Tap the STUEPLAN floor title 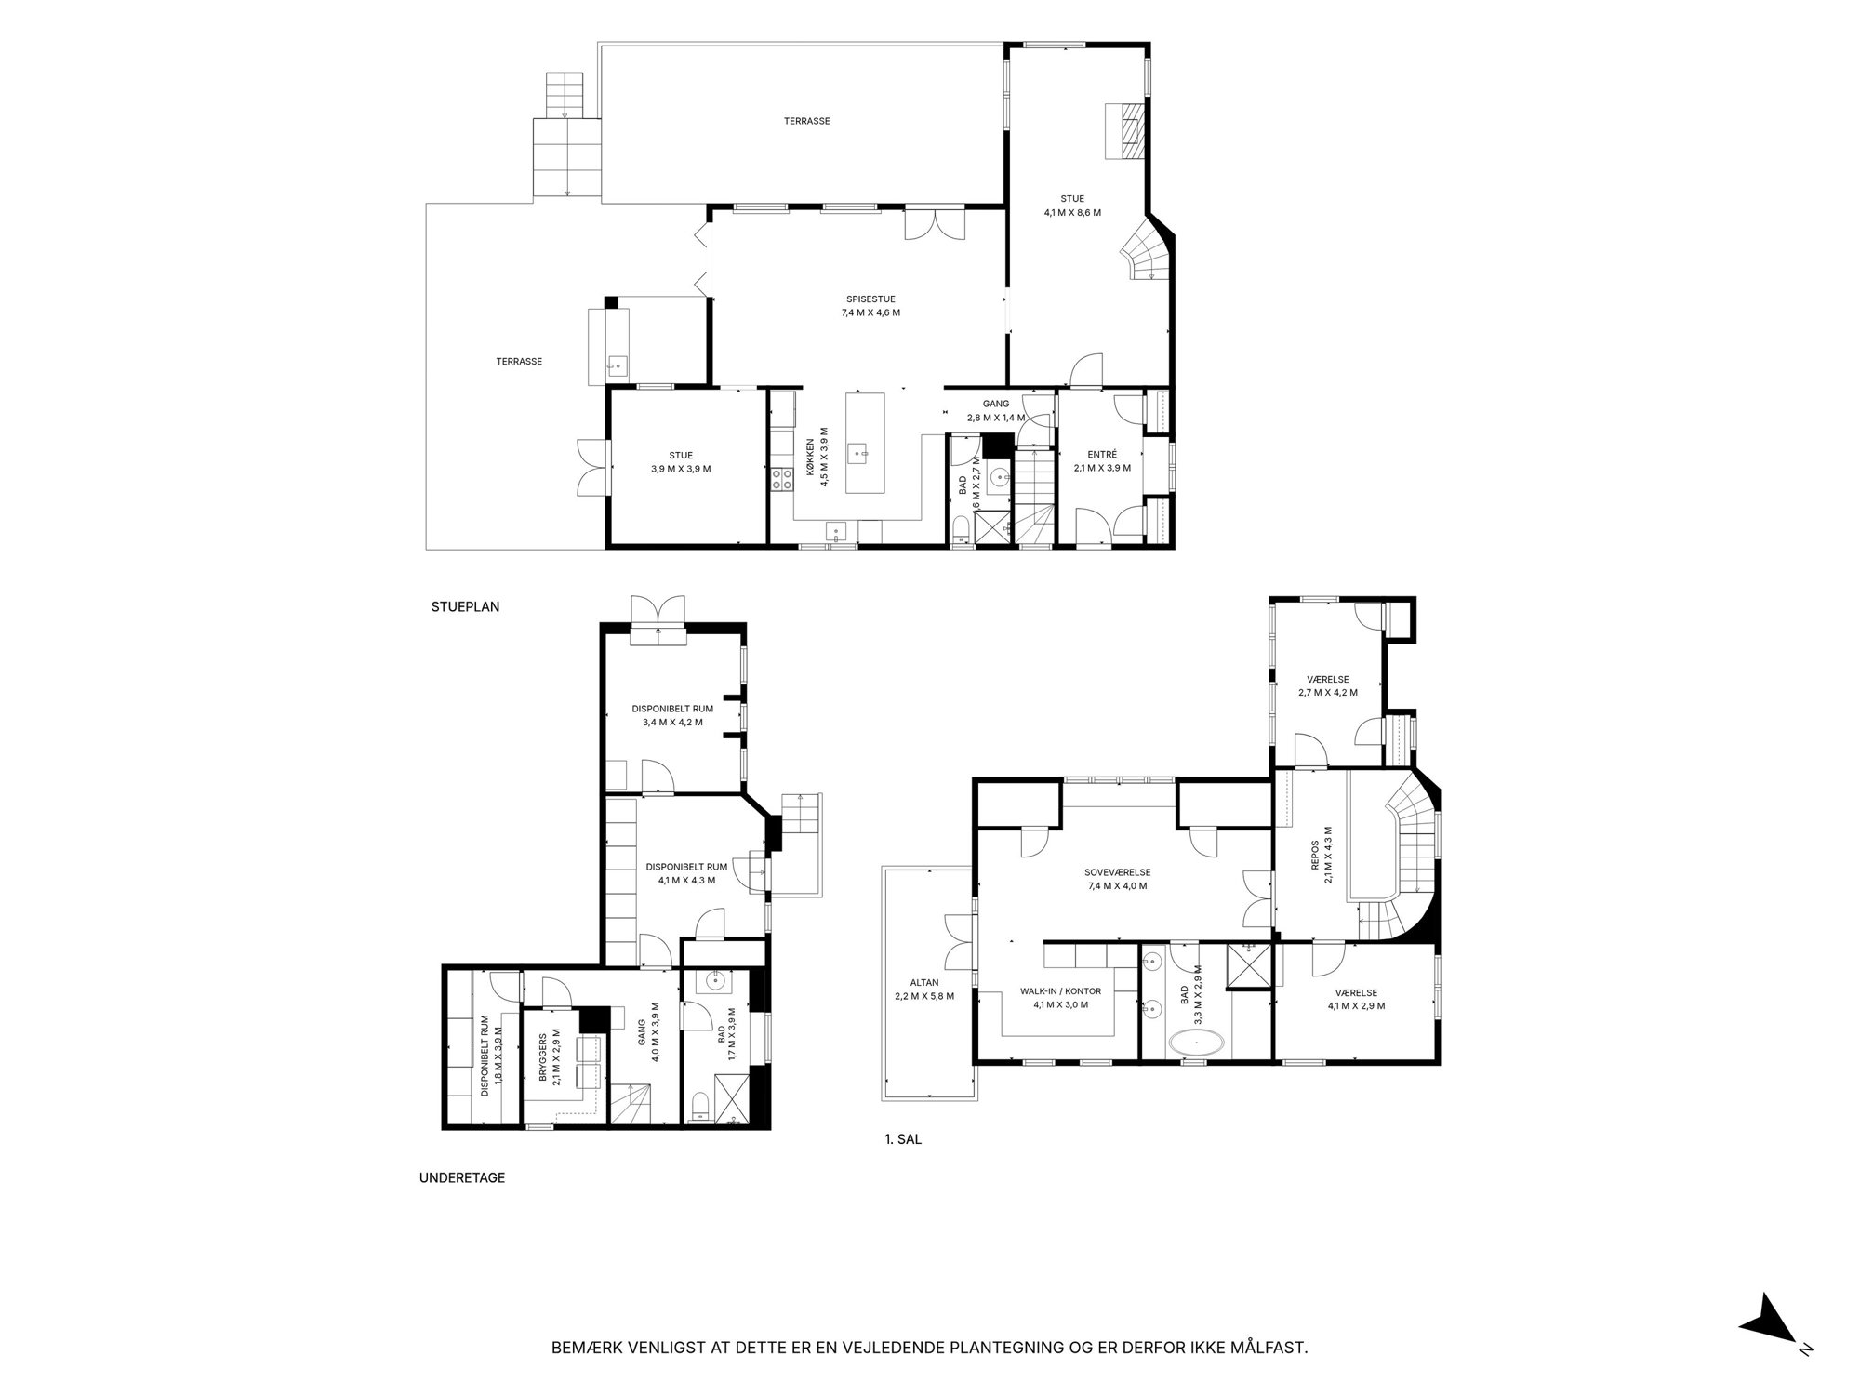pyautogui.click(x=465, y=606)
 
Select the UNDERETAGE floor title pyautogui.click(x=462, y=1177)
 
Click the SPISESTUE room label pyautogui.click(x=870, y=299)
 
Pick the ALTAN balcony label pyautogui.click(x=924, y=982)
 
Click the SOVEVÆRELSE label pyautogui.click(x=1117, y=872)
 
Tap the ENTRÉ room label pyautogui.click(x=1102, y=455)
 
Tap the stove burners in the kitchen pyautogui.click(x=781, y=479)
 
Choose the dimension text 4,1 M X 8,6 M pyautogui.click(x=1072, y=212)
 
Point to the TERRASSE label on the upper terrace pyautogui.click(x=806, y=121)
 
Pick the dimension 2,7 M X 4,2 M pyautogui.click(x=1328, y=692)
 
